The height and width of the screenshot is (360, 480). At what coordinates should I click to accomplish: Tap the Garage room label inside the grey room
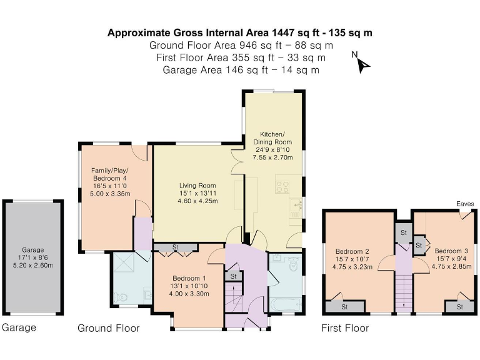(32, 256)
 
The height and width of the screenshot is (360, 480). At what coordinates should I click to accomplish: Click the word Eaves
(464, 204)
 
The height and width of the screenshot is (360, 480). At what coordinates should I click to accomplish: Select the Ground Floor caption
(108, 328)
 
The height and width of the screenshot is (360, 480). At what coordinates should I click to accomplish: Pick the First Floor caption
(344, 328)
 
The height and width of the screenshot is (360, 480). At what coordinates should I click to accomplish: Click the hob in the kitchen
(282, 185)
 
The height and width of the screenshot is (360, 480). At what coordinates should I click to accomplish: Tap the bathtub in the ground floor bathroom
(286, 304)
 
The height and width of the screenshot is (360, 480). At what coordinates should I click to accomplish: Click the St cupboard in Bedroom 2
(344, 307)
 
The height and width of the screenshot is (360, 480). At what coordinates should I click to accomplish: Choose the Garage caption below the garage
(19, 327)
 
